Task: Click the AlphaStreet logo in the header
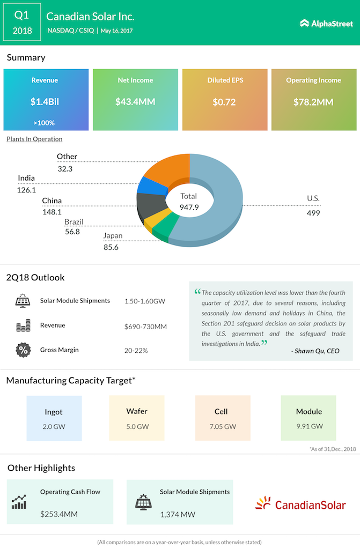326,23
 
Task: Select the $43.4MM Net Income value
136,101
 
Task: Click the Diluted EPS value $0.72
224,101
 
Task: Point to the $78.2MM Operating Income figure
313,101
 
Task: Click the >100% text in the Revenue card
43,123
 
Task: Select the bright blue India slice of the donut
145,185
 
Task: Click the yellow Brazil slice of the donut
150,220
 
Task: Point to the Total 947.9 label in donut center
189,202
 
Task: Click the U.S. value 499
313,213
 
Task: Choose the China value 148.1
52,211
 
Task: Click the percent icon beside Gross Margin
23,350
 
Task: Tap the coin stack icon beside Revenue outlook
23,325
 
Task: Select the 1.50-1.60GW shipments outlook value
144,301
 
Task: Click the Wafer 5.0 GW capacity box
137,418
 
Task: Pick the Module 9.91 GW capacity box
308,418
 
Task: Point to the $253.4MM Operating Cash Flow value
59,514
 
